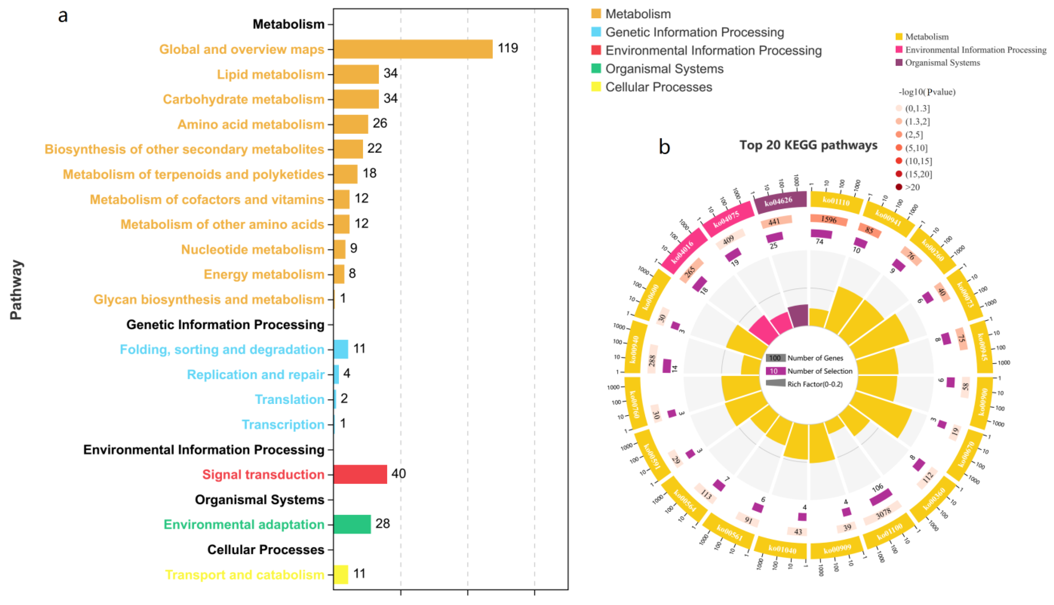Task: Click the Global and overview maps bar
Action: click(x=413, y=49)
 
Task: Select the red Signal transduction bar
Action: click(x=360, y=474)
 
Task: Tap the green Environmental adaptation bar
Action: click(x=352, y=524)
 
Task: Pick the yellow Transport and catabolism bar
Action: click(x=340, y=574)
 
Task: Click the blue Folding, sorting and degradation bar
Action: click(x=340, y=349)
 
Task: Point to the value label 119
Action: click(x=508, y=48)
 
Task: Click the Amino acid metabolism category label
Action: click(x=251, y=124)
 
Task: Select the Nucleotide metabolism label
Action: click(x=252, y=249)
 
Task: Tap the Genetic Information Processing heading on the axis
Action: click(x=225, y=325)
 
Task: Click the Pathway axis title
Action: click(x=16, y=290)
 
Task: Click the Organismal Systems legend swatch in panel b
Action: click(x=899, y=63)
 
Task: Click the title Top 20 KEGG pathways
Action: click(x=808, y=145)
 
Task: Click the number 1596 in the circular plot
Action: click(x=829, y=219)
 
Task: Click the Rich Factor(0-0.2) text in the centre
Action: click(x=815, y=384)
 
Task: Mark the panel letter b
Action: click(x=664, y=147)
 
